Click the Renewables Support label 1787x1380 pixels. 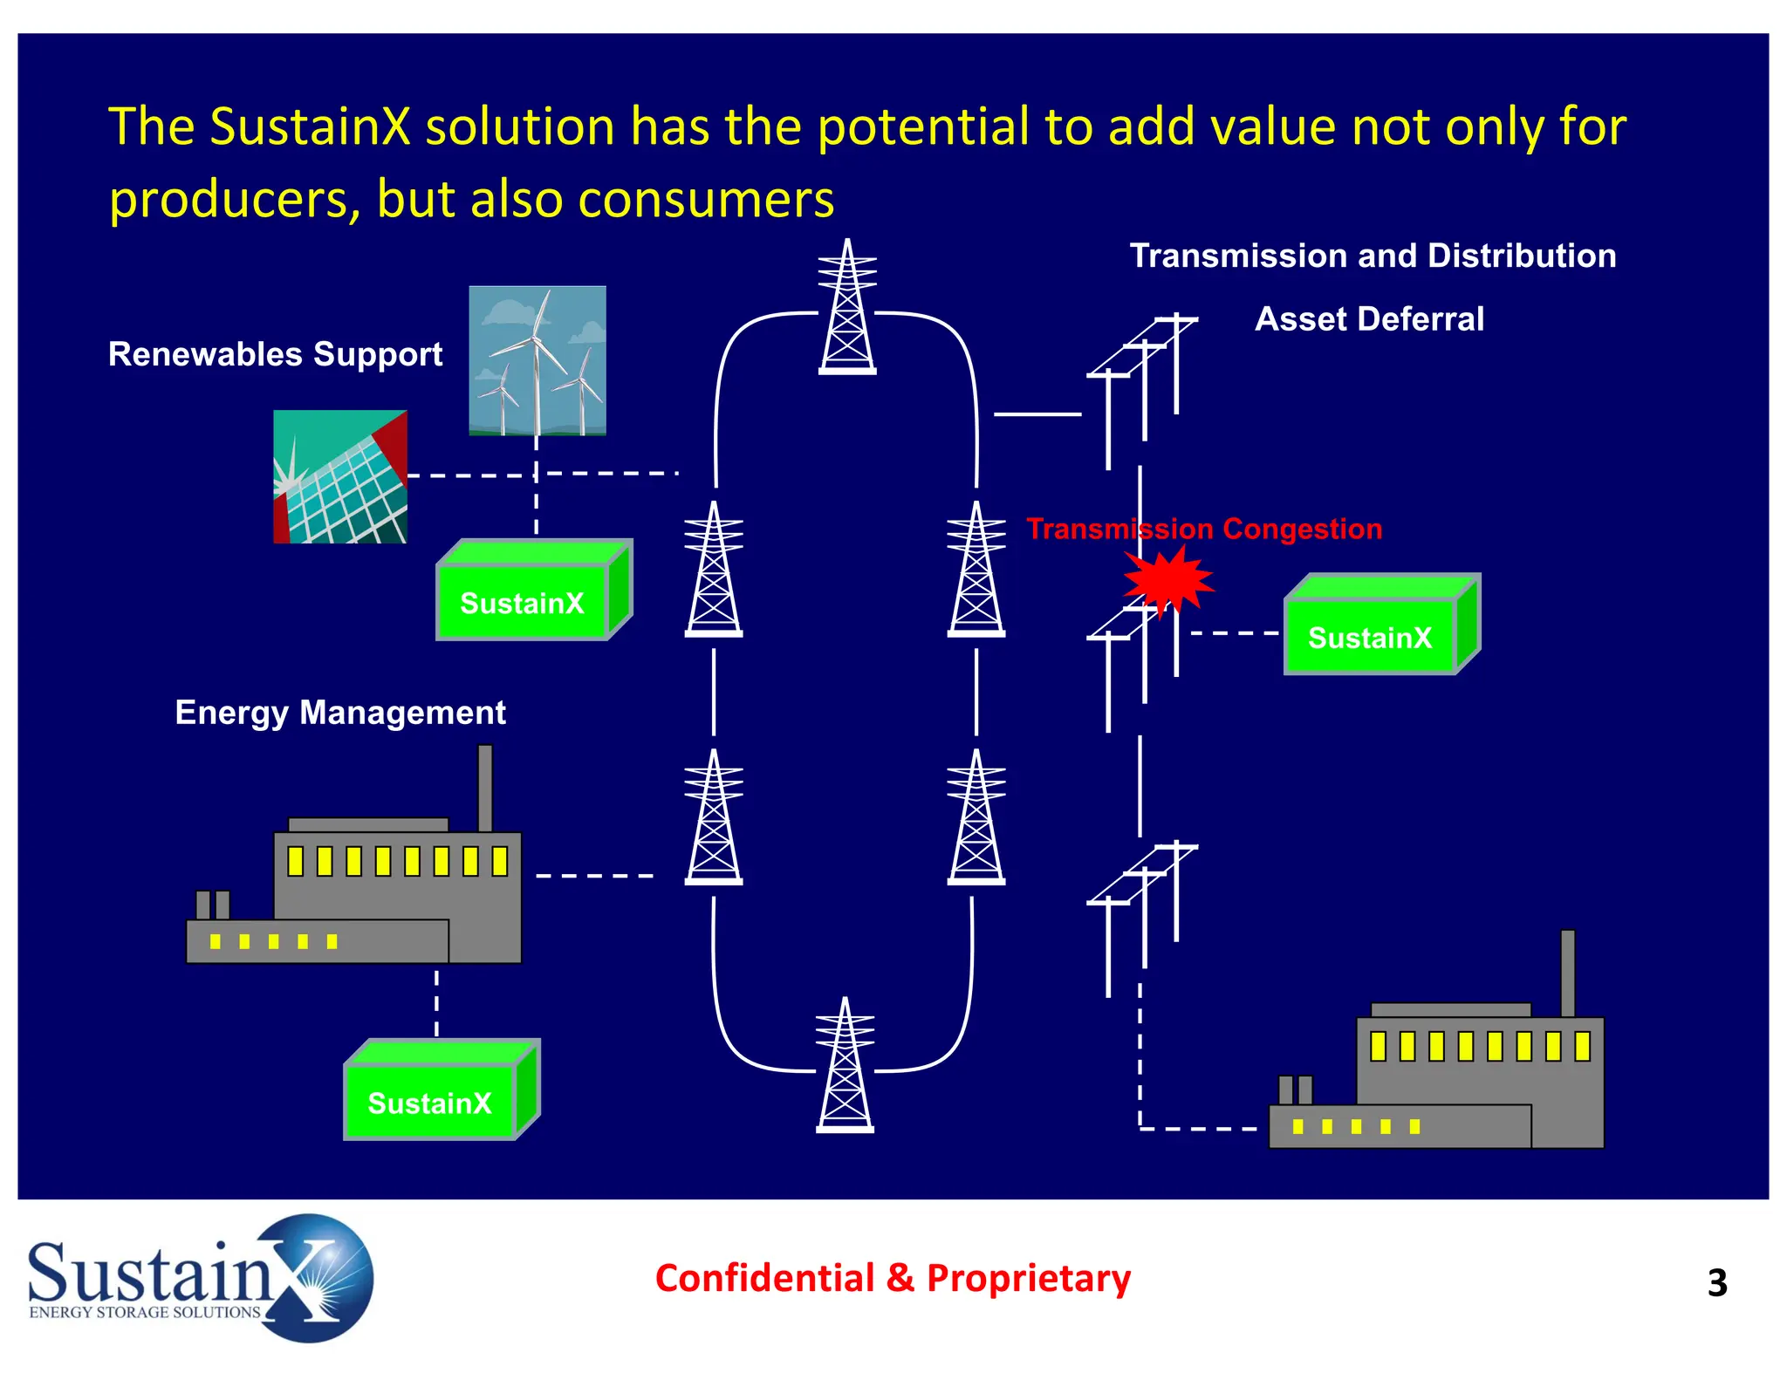[x=275, y=354]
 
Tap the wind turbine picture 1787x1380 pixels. [x=537, y=360]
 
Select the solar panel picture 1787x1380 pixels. [x=340, y=477]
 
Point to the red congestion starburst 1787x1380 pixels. [x=1167, y=579]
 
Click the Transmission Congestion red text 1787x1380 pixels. [x=1204, y=529]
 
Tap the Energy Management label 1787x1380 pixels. [x=340, y=713]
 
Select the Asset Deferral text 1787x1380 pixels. [x=1369, y=319]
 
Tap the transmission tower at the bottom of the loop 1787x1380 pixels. [x=845, y=1066]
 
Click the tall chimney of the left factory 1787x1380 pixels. [x=485, y=787]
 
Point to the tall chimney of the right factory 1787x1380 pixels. [x=1568, y=972]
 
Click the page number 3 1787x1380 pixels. [x=1716, y=1283]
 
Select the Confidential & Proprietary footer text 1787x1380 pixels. [x=893, y=1278]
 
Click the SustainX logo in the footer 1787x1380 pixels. [x=201, y=1279]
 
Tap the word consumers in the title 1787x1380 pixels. [x=706, y=199]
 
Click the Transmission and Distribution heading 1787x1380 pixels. [x=1373, y=256]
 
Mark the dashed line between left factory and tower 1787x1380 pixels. [x=594, y=875]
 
